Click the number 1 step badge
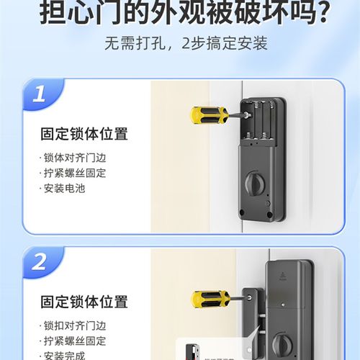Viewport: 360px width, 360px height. click(40, 94)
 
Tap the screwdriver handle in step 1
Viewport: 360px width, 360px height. click(204, 114)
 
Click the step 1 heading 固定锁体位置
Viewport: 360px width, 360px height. click(84, 134)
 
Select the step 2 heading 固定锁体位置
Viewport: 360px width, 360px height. click(84, 301)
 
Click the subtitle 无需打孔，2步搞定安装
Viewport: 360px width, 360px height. click(186, 44)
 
